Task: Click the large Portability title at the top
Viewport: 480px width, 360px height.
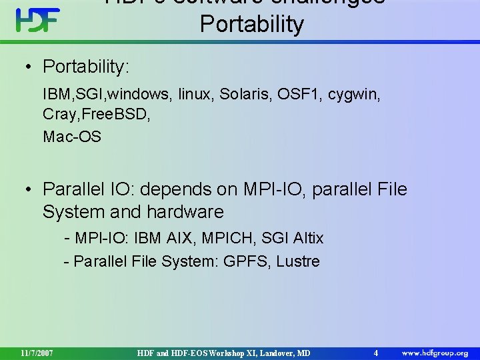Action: pos(251,24)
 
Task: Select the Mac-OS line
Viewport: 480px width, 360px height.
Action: pos(72,137)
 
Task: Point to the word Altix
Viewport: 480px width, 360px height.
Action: pos(306,237)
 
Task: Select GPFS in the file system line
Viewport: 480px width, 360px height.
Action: pos(245,261)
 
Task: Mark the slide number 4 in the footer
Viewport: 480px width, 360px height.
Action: pos(376,352)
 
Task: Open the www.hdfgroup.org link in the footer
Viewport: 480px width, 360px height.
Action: pos(434,352)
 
